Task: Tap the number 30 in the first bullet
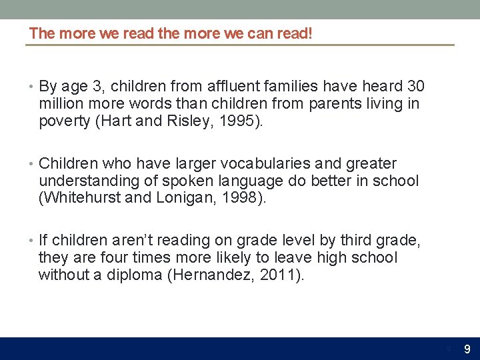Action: (x=415, y=87)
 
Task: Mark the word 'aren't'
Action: (x=137, y=241)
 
